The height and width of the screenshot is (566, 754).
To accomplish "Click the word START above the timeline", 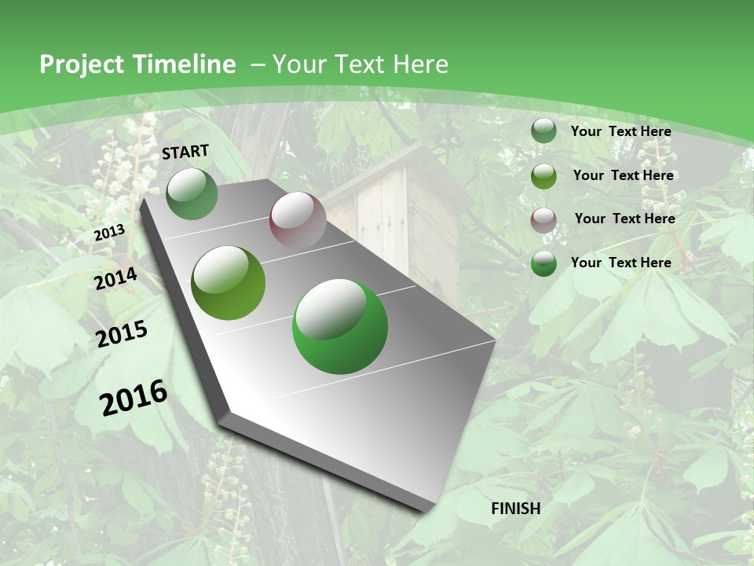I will click(185, 152).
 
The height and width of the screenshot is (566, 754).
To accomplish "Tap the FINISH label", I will click(516, 509).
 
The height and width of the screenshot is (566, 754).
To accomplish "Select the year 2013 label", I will click(109, 233).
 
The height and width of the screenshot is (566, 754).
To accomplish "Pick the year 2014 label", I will click(116, 279).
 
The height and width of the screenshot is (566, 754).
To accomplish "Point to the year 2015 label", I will click(122, 334).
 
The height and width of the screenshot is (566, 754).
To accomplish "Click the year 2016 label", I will click(134, 398).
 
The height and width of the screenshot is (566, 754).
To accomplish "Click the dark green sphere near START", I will click(192, 194).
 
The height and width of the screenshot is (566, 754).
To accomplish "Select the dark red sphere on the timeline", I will click(298, 221).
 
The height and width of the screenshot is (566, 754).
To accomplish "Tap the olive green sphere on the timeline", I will click(229, 283).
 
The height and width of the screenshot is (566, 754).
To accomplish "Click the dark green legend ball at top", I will click(544, 131).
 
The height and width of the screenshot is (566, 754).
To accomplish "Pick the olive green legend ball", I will click(544, 176).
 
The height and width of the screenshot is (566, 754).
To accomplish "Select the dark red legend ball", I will click(544, 220).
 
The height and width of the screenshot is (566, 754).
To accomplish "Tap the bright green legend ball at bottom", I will click(544, 263).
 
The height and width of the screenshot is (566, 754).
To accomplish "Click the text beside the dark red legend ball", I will click(624, 219).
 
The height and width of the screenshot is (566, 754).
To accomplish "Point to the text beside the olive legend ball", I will click(624, 175).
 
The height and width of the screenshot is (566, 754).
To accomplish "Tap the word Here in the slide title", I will click(420, 64).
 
